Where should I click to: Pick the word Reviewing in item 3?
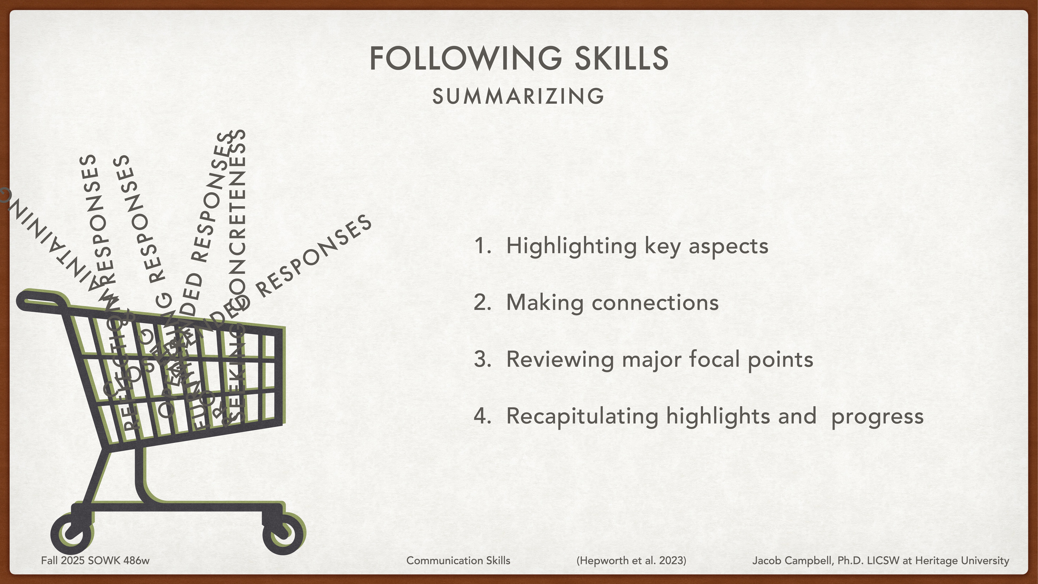point(559,359)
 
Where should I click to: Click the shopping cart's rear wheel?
point(72,534)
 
